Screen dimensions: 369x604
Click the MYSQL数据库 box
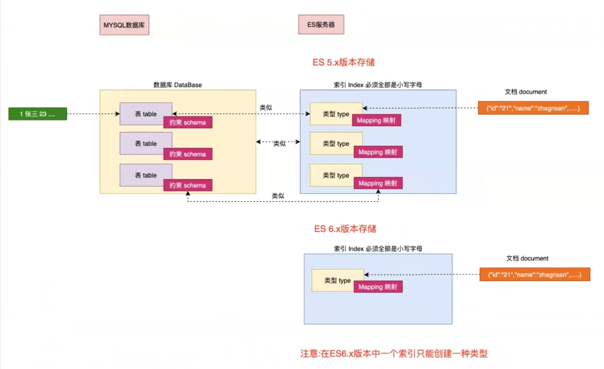click(124, 25)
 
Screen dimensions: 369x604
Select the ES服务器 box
click(321, 25)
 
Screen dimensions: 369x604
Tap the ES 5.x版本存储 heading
click(343, 62)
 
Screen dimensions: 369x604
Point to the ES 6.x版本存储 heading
click(345, 229)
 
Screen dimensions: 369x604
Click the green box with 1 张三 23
click(38, 114)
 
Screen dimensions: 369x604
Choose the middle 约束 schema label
click(188, 154)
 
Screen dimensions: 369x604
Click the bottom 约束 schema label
click(188, 185)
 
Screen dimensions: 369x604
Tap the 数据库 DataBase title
click(178, 85)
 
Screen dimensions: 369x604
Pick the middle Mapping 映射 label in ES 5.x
click(378, 152)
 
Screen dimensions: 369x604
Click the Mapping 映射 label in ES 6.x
click(378, 287)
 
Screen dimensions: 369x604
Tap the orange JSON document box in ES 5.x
click(533, 108)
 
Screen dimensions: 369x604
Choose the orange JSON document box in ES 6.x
click(535, 275)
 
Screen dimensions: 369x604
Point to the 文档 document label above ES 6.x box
click(527, 258)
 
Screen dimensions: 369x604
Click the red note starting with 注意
click(394, 353)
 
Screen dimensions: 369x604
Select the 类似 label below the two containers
click(278, 196)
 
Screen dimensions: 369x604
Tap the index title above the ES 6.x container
click(378, 248)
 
